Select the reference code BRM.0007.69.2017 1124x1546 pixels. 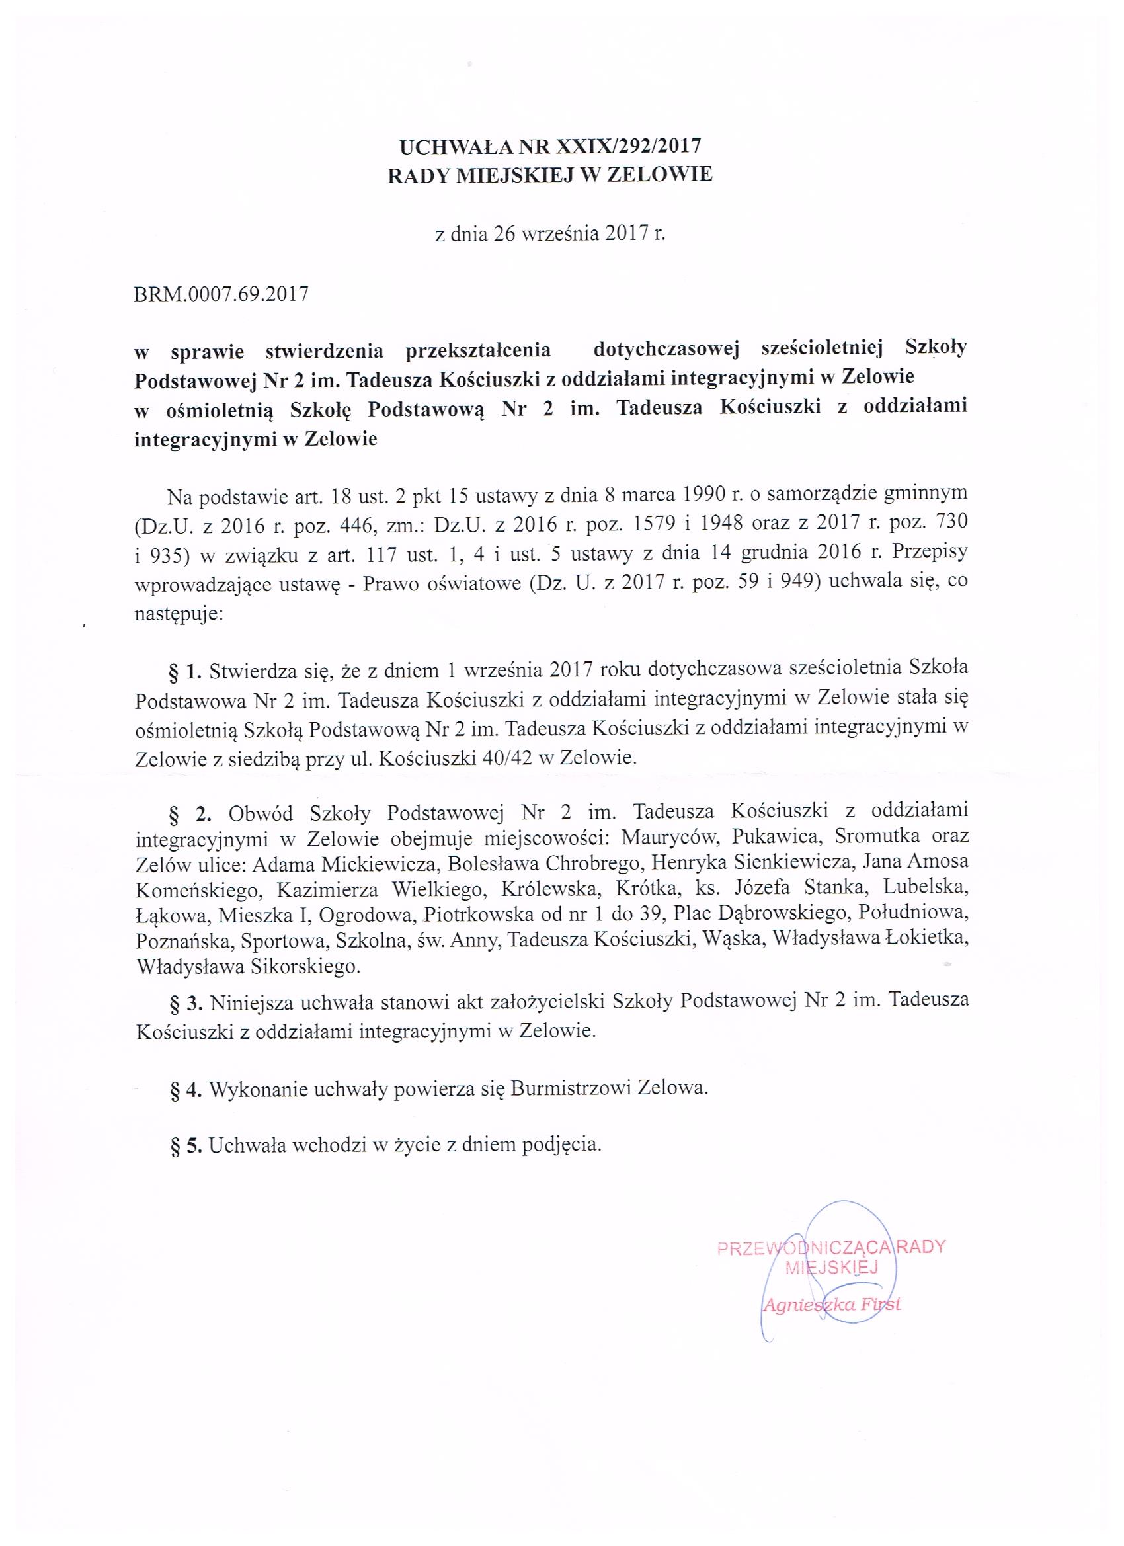[222, 294]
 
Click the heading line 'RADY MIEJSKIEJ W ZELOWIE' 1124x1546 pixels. [550, 175]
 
